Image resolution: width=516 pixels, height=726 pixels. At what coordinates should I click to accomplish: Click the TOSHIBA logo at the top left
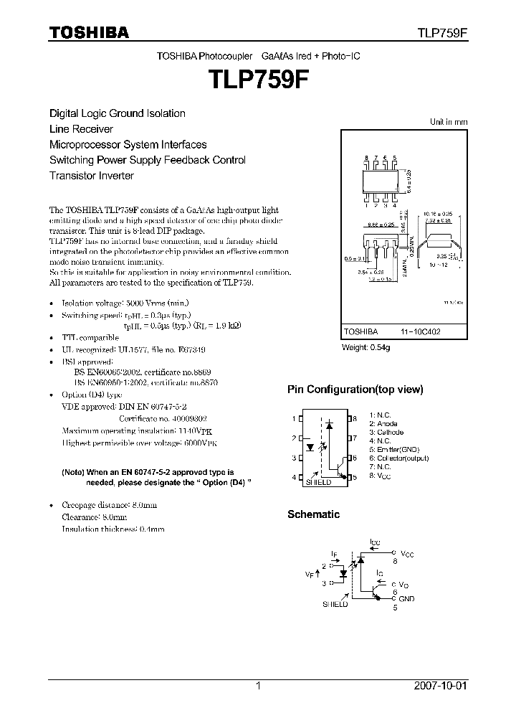point(89,32)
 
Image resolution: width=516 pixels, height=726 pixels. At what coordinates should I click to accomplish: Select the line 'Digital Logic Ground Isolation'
point(117,113)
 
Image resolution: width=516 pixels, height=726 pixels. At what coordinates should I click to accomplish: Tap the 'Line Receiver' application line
point(81,129)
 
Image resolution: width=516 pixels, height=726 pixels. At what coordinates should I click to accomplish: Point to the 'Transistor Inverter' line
point(91,175)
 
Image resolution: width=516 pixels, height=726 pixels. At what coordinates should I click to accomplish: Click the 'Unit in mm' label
point(448,122)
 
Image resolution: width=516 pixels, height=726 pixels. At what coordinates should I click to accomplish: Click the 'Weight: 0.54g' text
point(365,348)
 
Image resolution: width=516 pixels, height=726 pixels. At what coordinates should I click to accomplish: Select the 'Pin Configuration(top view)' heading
point(355,390)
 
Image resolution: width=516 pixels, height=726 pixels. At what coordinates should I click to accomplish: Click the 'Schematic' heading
point(313,514)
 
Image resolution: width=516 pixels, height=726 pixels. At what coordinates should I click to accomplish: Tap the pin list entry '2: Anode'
point(383,424)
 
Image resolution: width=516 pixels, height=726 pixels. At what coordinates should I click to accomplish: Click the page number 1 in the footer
point(259,686)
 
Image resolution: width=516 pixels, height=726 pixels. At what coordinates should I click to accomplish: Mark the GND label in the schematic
point(406,598)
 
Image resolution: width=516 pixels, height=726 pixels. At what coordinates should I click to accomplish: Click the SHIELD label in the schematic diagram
point(335,605)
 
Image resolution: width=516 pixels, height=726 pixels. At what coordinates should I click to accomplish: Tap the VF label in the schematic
point(310,575)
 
